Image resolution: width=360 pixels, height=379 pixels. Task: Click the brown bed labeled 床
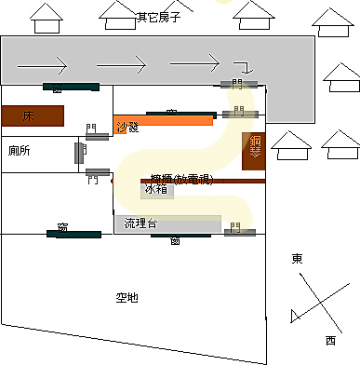point(33,115)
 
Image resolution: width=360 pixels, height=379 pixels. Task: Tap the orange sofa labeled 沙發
point(158,122)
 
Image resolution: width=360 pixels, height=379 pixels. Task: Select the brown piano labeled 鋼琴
point(252,151)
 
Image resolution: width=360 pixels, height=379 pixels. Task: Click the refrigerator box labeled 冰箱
point(157,190)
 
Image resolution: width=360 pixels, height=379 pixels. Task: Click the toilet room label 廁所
point(20,150)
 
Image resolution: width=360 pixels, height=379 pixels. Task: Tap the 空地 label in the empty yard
point(127,298)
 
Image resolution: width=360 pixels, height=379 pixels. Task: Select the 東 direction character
point(297,258)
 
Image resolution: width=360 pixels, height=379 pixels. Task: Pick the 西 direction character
point(330,341)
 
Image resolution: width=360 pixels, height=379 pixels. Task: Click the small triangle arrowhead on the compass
point(295,316)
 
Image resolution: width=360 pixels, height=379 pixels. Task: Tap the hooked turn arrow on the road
point(243,66)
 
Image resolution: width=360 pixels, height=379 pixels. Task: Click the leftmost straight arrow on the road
point(42,65)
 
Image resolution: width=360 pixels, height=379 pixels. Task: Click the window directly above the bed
point(71,88)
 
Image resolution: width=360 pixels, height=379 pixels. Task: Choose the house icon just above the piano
point(292,142)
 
